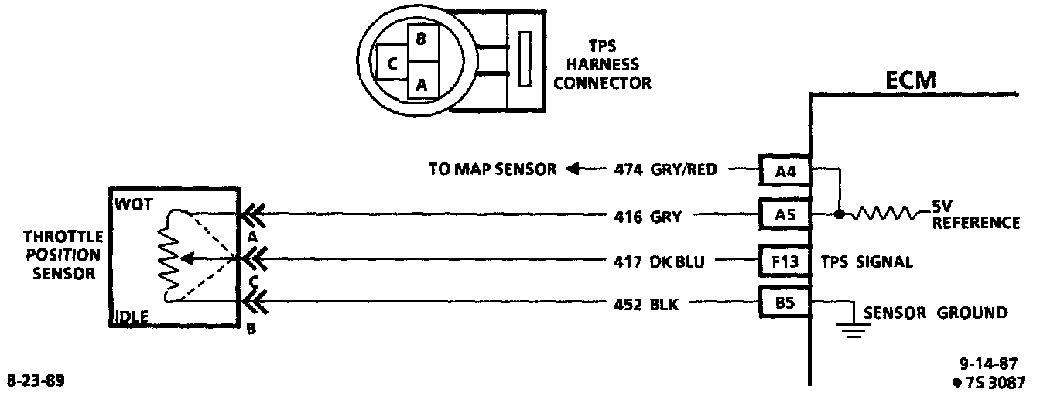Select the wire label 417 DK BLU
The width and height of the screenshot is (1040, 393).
pyautogui.click(x=659, y=261)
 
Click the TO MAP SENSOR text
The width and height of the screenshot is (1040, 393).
pyautogui.click(x=491, y=169)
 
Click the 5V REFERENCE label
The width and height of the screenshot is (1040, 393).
pyautogui.click(x=976, y=216)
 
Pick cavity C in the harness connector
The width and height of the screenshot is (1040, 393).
pyautogui.click(x=392, y=63)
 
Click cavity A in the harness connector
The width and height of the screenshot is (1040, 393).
pyautogui.click(x=422, y=84)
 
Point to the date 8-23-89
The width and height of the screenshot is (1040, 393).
pyautogui.click(x=36, y=381)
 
